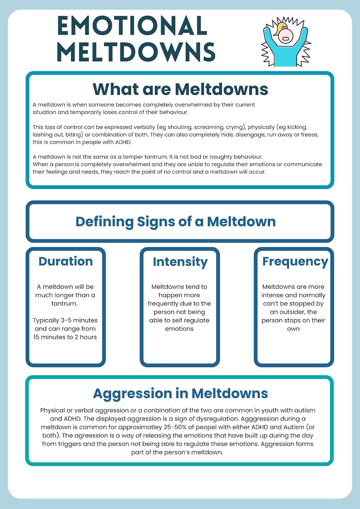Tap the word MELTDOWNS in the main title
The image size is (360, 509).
click(136, 52)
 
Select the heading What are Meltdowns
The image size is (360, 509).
click(180, 88)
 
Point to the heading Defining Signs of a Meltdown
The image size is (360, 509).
click(175, 222)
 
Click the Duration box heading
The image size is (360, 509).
click(66, 261)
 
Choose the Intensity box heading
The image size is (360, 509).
click(180, 262)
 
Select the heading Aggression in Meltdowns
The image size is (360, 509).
click(180, 393)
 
